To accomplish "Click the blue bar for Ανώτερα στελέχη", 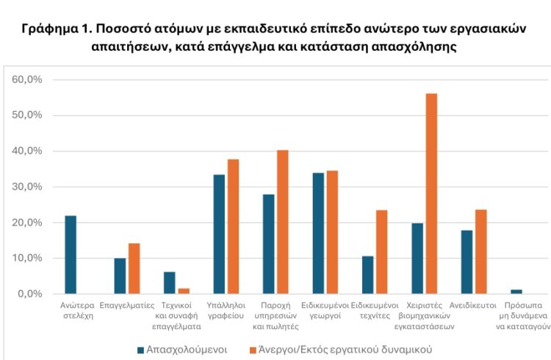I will (71, 254).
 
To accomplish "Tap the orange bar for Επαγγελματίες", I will (134, 268).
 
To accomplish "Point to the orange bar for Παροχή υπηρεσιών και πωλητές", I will (282, 222).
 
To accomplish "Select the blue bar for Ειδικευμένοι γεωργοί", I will (318, 233).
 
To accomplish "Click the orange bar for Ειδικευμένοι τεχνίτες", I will (381, 251).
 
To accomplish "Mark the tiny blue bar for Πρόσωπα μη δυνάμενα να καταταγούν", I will (516, 292).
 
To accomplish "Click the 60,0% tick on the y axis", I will (29, 79).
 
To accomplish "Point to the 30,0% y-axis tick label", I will (29, 187).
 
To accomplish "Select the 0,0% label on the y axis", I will (32, 294).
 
